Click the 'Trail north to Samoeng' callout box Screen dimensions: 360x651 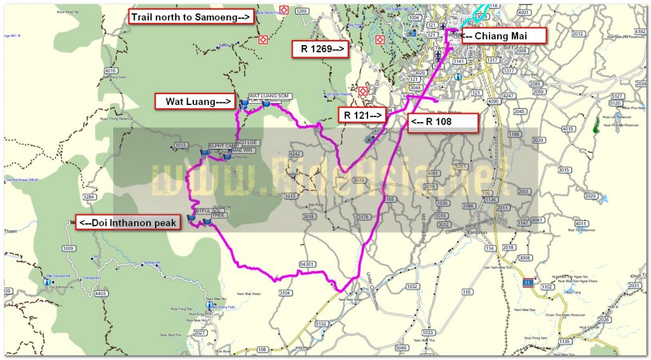click(x=191, y=17)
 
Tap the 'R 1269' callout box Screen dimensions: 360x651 click(x=320, y=48)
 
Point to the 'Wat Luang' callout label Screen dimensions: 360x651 click(x=195, y=101)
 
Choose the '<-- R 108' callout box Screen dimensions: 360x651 click(x=442, y=123)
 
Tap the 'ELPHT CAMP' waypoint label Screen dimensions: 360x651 click(x=222, y=146)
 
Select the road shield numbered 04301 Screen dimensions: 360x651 click(x=307, y=264)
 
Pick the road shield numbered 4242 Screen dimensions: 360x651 click(x=294, y=154)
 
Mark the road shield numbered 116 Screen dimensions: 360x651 click(x=467, y=292)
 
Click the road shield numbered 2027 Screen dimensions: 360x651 click(x=200, y=333)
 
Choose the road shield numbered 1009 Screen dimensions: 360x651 click(x=67, y=249)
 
